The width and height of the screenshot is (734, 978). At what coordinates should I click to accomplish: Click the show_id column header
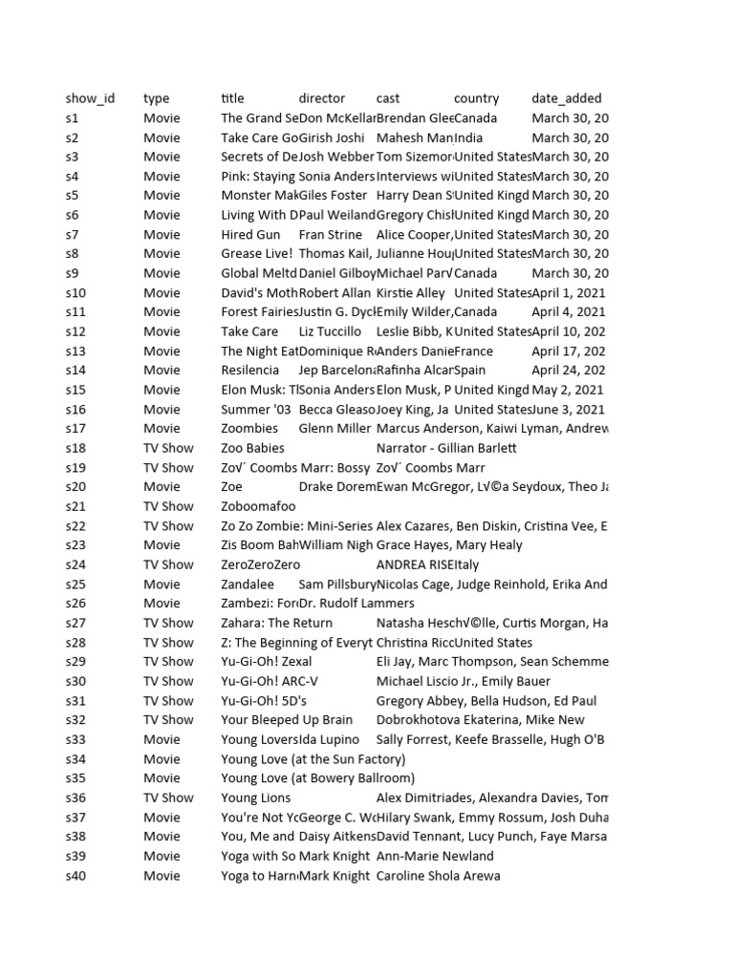coord(90,98)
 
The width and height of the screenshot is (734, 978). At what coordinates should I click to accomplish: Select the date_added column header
coord(567,98)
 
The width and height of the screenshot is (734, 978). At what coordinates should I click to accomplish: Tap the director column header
coord(322,98)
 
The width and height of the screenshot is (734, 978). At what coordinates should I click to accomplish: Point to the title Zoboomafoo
coord(258,506)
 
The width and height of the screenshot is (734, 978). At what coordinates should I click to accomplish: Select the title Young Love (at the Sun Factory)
coord(313,759)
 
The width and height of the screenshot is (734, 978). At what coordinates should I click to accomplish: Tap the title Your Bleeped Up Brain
coord(287,720)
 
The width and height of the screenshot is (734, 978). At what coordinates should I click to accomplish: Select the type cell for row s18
coord(168,448)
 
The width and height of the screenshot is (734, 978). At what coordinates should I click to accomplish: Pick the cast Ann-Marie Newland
coord(435,856)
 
